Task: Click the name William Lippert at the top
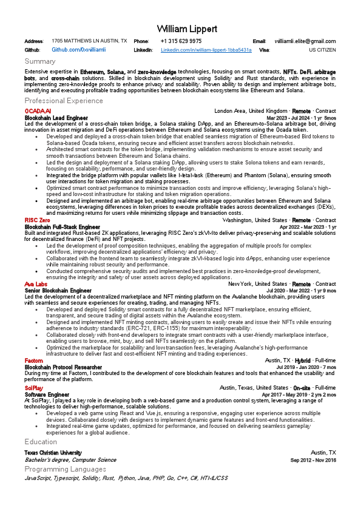pos(180,29)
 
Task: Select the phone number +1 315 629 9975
pos(181,41)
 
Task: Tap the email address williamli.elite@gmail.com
pos(305,41)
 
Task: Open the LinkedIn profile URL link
pos(206,49)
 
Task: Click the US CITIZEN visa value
pos(322,49)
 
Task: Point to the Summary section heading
pos(40,61)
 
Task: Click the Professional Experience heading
pos(64,100)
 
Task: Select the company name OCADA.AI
pos(38,111)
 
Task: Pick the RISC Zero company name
pos(38,220)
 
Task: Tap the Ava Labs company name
pos(36,283)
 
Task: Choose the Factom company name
pos(34,360)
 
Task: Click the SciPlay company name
pos(34,387)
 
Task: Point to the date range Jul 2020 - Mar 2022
pos(297,290)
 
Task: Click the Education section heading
pos(41,442)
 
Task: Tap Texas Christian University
pos(53,453)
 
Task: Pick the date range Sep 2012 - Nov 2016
pos(313,460)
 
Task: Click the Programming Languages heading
pos(65,469)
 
